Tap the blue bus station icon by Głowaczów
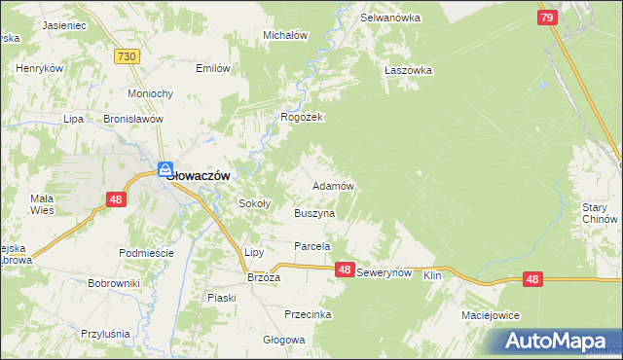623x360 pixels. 165,168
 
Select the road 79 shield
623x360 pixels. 548,18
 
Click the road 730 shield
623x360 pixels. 125,58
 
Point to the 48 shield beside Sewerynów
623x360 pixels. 345,270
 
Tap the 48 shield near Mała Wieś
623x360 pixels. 115,199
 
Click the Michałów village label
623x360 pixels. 286,35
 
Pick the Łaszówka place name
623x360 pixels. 408,70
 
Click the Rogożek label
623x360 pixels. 301,117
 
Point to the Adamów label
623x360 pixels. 332,185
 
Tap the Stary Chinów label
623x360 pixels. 601,213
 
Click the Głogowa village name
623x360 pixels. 284,340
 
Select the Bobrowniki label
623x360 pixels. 114,283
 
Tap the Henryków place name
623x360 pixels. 40,69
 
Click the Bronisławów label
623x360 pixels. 132,118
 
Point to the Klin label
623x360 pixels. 433,276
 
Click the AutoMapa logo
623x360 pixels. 558,340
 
